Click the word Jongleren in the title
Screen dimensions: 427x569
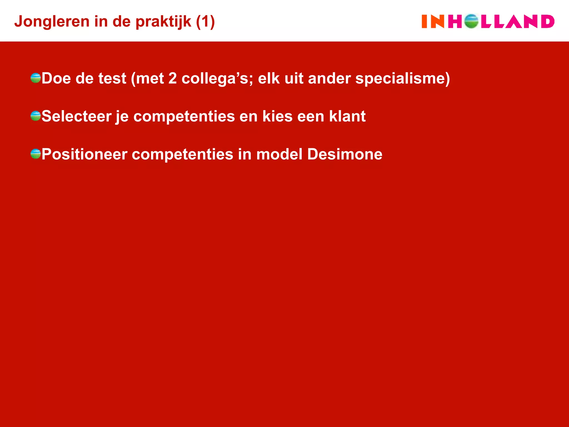tap(52, 22)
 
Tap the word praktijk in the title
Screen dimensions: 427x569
tap(163, 22)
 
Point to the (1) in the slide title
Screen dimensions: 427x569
tap(205, 22)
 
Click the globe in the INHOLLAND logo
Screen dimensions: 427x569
tap(471, 21)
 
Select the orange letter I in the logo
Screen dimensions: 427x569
tap(424, 21)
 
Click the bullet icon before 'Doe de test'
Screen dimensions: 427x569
tap(36, 78)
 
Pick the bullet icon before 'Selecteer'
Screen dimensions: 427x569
tap(36, 116)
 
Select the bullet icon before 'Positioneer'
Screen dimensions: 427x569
tap(36, 154)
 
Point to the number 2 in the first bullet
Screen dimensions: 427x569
tap(173, 78)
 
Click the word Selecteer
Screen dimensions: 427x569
tap(76, 116)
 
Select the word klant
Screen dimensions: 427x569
tap(347, 116)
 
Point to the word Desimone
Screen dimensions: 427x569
tap(345, 154)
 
